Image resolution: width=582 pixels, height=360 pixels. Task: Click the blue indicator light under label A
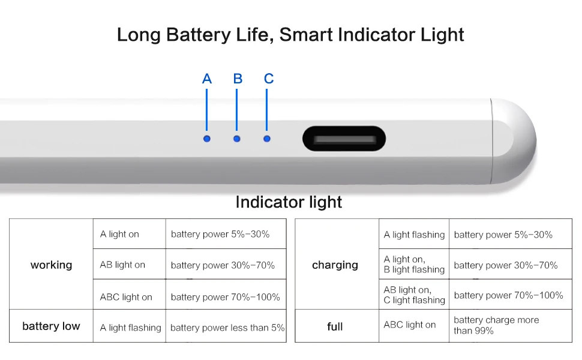pyautogui.click(x=207, y=139)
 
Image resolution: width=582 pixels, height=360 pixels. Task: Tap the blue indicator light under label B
pyautogui.click(x=237, y=139)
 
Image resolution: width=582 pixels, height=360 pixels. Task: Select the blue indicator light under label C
pyautogui.click(x=267, y=139)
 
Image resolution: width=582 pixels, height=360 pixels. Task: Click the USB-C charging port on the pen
pyautogui.click(x=344, y=139)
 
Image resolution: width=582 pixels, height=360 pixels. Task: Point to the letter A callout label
pyautogui.click(x=207, y=79)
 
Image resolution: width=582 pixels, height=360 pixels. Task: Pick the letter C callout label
pyautogui.click(x=269, y=79)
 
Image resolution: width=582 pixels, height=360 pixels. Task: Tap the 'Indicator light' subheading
pyautogui.click(x=289, y=202)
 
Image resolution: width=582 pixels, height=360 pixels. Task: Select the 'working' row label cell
pyautogui.click(x=51, y=265)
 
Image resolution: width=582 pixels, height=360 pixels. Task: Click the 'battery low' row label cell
pyautogui.click(x=51, y=326)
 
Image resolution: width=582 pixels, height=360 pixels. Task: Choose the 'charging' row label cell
pyautogui.click(x=335, y=265)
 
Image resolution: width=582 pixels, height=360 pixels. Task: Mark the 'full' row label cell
pyautogui.click(x=335, y=326)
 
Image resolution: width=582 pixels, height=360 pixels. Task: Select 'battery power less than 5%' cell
pyautogui.click(x=227, y=328)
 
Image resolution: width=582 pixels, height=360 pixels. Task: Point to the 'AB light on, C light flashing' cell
pyautogui.click(x=414, y=295)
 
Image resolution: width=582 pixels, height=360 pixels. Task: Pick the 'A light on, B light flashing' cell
pyautogui.click(x=414, y=265)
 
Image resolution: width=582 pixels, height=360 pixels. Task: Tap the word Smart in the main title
pyautogui.click(x=306, y=34)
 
